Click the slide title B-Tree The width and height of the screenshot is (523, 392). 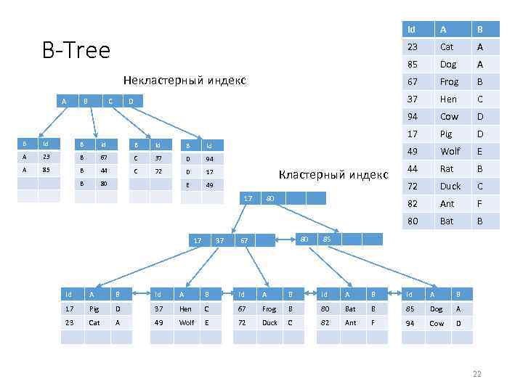pyautogui.click(x=76, y=51)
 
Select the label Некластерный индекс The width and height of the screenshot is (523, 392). pyautogui.click(x=185, y=79)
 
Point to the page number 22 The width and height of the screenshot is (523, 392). pyautogui.click(x=477, y=375)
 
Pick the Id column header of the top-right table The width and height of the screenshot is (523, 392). pyautogui.click(x=412, y=30)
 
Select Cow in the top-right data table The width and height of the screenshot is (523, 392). pyautogui.click(x=449, y=116)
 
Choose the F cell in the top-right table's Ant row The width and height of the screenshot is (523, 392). pyautogui.click(x=479, y=203)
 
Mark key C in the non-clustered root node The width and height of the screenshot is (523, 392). pyautogui.click(x=110, y=101)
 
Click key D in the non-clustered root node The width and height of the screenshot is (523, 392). pyautogui.click(x=131, y=101)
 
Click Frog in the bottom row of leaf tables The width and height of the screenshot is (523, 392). pyautogui.click(x=269, y=308)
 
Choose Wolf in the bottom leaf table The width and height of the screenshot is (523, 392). pyautogui.click(x=187, y=322)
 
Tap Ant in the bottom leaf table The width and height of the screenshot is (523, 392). pyautogui.click(x=350, y=322)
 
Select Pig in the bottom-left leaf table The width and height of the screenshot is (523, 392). pyautogui.click(x=94, y=308)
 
